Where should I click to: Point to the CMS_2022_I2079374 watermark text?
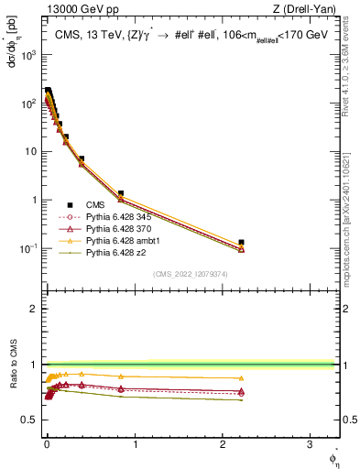(x=190, y=273)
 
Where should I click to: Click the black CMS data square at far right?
(x=241, y=243)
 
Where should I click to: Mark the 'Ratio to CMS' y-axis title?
(x=13, y=389)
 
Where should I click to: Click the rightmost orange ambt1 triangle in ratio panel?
(x=241, y=378)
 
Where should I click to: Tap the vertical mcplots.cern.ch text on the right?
(x=350, y=211)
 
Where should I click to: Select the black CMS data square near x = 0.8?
(x=121, y=194)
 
